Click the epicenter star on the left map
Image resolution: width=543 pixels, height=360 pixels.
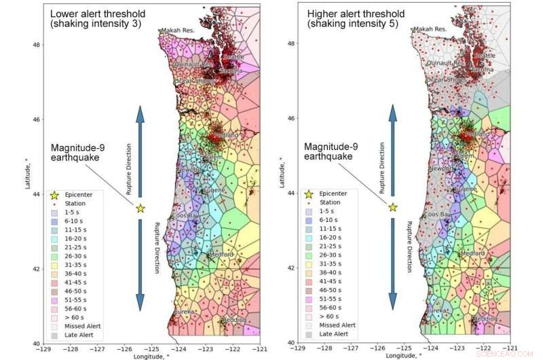pyautogui.click(x=140, y=208)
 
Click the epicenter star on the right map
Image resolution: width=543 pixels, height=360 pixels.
pyautogui.click(x=392, y=207)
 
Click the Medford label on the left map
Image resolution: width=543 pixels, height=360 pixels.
pyautogui.click(x=221, y=255)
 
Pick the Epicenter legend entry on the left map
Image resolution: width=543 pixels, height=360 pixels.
pyautogui.click(x=74, y=194)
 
